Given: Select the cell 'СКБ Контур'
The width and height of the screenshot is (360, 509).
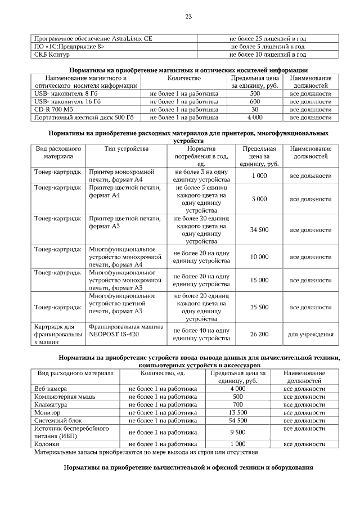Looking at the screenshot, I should pos(49,55).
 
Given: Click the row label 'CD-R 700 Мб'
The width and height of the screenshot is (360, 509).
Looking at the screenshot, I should pos(50,110).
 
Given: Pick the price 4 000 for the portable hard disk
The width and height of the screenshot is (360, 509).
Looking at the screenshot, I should pos(254,118).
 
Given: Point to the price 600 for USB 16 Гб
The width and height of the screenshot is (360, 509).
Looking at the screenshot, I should pos(254,102).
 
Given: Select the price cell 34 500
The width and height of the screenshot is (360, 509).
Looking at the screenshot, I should pos(259,229).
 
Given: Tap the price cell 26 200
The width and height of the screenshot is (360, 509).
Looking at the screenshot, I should pos(259,334).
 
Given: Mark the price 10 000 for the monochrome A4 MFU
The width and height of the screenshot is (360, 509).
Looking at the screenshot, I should pos(259,256).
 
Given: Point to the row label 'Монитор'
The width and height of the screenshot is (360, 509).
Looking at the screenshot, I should pos(47,412).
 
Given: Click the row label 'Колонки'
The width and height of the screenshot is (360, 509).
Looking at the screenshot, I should pos(47,444).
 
